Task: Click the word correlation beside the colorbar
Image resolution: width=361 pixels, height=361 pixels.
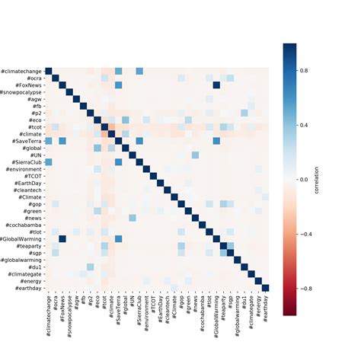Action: tap(330, 179)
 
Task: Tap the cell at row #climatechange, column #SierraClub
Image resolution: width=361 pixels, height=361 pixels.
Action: tap(139, 71)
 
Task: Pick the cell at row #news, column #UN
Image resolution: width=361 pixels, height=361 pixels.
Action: tap(133, 218)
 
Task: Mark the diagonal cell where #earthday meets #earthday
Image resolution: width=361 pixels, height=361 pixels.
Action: tap(265, 287)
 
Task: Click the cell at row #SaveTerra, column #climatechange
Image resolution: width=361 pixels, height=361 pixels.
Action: tap(49, 140)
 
